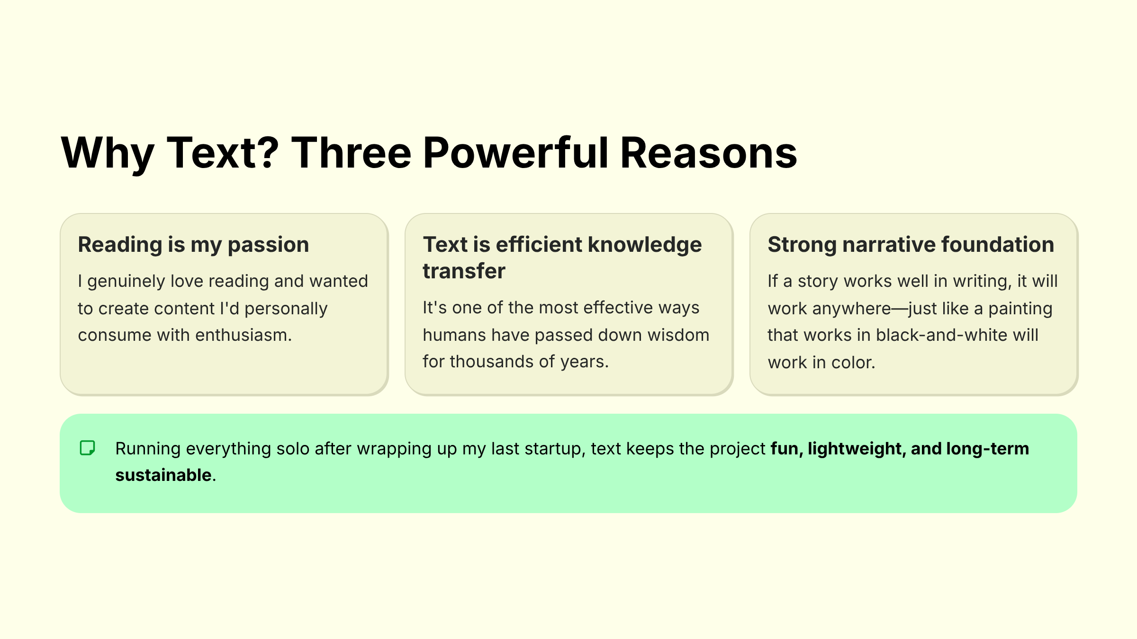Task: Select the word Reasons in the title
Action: tap(709, 153)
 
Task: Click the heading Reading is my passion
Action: tap(193, 245)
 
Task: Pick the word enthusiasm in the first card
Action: tap(243, 335)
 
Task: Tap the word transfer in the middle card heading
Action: tap(464, 271)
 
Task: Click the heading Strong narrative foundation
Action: tap(911, 245)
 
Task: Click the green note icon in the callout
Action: tap(88, 448)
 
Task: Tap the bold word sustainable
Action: tap(163, 475)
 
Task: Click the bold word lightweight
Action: tap(857, 449)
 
